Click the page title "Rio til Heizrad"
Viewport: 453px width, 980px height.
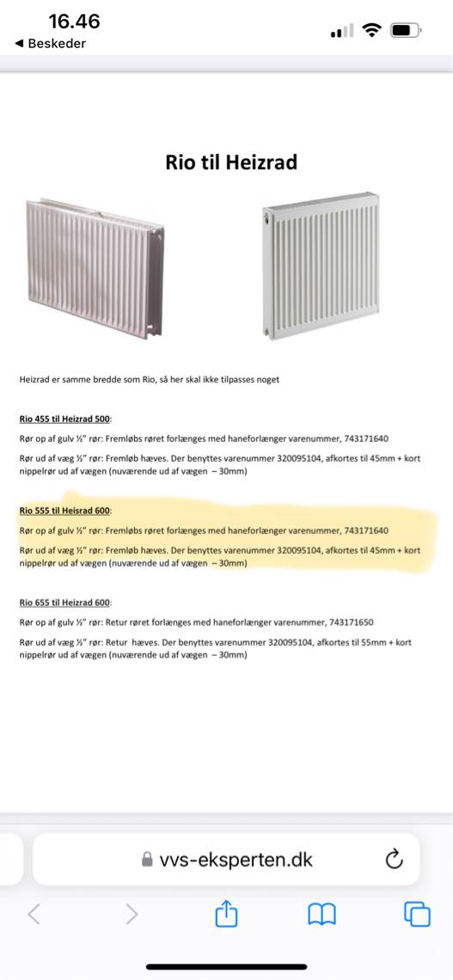tap(231, 162)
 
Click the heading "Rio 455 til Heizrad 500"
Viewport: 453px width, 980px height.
tap(65, 420)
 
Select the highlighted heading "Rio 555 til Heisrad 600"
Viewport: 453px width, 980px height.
tap(65, 511)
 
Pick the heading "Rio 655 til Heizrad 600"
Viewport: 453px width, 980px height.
tap(65, 602)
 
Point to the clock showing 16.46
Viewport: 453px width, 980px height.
tap(74, 21)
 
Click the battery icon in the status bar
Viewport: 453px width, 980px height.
tap(405, 30)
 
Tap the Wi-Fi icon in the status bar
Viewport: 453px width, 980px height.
tap(371, 30)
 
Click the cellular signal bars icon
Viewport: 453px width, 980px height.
tap(342, 31)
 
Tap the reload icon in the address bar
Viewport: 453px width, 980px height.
tap(395, 859)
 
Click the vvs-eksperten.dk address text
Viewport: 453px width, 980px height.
tap(236, 860)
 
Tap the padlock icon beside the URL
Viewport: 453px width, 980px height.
tap(149, 860)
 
